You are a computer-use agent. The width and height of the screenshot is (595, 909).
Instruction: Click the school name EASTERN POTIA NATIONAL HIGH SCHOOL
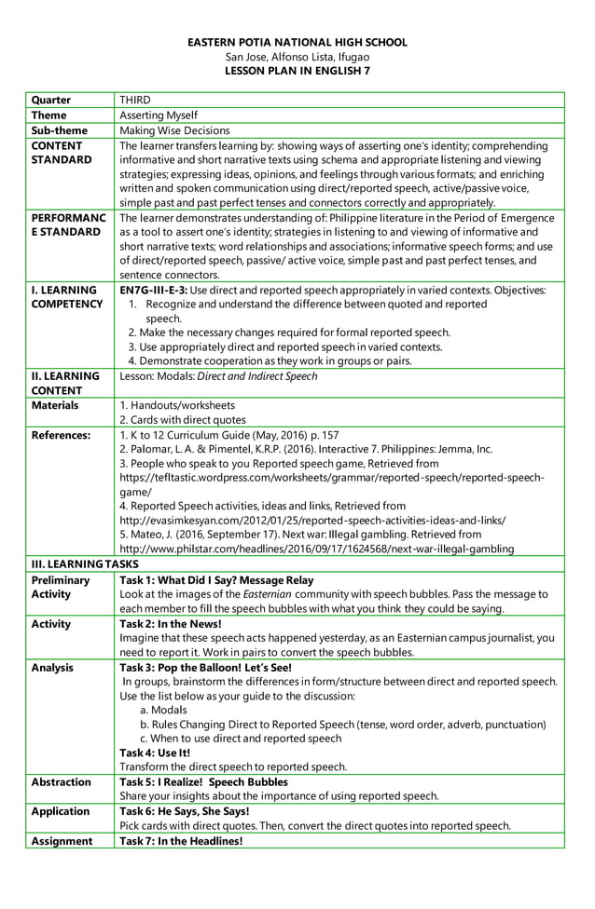pos(297,43)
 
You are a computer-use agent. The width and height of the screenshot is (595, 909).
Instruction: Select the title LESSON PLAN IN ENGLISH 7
pos(297,70)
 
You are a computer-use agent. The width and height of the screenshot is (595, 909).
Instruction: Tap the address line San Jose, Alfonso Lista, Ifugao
pos(297,57)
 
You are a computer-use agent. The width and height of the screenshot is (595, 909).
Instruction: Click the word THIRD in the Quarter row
pos(135,101)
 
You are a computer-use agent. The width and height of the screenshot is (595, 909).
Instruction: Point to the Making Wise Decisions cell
pos(174,130)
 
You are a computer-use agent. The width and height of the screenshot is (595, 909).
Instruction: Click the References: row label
pos(61,434)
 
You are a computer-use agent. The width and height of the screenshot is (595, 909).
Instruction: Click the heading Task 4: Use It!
pos(155,753)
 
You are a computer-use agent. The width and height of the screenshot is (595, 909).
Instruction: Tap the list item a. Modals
pos(163,710)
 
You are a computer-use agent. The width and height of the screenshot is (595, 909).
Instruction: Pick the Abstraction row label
pos(62,781)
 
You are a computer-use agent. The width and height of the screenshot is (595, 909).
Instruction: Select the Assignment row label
pos(62,841)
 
